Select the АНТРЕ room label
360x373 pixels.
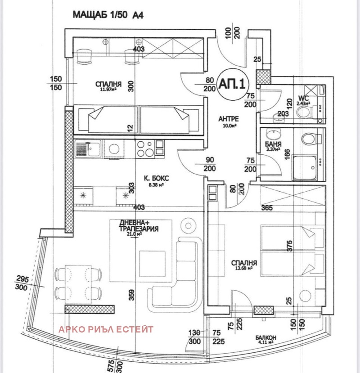pyautogui.click(x=228, y=119)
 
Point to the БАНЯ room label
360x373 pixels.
pyautogui.click(x=273, y=145)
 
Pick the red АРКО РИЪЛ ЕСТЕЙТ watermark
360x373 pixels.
pyautogui.click(x=106, y=329)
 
